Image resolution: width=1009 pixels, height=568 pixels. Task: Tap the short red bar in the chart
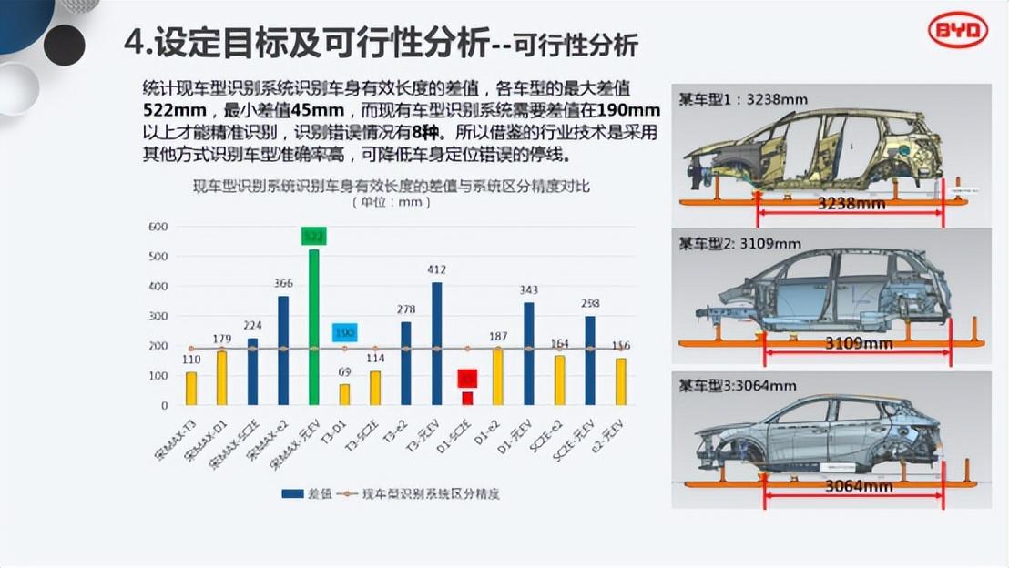point(467,398)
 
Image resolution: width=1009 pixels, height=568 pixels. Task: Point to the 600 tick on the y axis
point(158,227)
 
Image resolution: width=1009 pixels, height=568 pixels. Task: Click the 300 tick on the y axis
point(158,316)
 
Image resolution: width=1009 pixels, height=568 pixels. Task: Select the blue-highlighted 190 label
point(343,333)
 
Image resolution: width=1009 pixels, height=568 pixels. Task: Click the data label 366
point(283,283)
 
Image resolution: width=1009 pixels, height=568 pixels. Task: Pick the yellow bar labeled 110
point(191,388)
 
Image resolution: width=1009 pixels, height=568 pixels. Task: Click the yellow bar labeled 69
point(344,394)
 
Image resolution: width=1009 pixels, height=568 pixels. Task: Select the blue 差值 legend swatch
point(292,493)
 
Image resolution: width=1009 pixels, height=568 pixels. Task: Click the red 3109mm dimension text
point(860,343)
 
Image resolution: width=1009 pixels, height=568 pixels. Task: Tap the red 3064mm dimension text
point(858,486)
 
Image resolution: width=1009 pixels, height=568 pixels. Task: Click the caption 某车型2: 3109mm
point(739,243)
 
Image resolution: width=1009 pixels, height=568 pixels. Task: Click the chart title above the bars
point(391,187)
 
